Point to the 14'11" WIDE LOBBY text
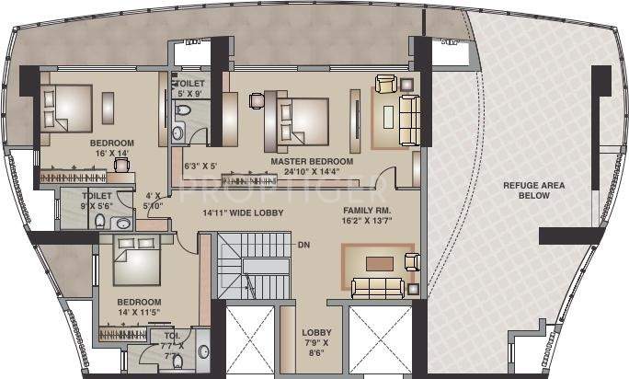[243, 212]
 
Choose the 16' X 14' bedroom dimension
[112, 155]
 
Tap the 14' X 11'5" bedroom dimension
[140, 313]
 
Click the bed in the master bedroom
[298, 118]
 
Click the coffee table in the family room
[378, 263]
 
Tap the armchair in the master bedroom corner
[384, 86]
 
